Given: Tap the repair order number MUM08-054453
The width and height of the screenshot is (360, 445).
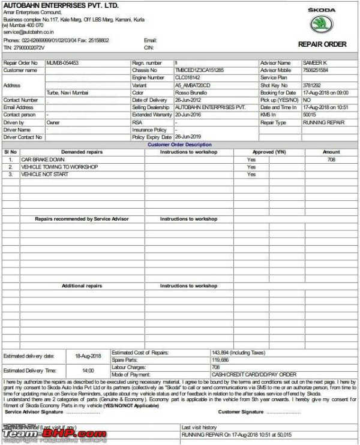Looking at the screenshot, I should click(62, 63).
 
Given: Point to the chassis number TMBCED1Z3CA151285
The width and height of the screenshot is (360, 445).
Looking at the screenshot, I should click(199, 70).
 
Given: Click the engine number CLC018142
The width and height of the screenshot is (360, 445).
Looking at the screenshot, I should click(188, 78).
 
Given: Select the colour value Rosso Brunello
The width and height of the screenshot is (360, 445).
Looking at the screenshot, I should click(191, 93).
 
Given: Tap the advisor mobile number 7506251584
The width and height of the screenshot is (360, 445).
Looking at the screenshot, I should click(316, 70).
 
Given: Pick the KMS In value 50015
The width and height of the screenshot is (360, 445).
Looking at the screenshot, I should click(310, 115).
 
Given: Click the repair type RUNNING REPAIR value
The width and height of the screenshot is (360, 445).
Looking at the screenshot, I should click(323, 122).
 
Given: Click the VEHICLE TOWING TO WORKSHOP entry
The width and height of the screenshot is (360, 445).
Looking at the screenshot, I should click(59, 167).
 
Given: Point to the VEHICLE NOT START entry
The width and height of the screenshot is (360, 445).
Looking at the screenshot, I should click(45, 174).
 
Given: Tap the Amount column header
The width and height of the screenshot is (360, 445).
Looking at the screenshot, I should click(331, 152).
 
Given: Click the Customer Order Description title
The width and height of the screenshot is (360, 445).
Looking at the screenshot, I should click(179, 145).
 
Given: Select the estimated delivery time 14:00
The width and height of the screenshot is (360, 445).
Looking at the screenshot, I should click(88, 371).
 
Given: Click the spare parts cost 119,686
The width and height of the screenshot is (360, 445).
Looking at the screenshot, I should click(221, 360).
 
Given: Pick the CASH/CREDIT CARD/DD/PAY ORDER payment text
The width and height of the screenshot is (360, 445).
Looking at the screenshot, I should click(254, 374).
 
